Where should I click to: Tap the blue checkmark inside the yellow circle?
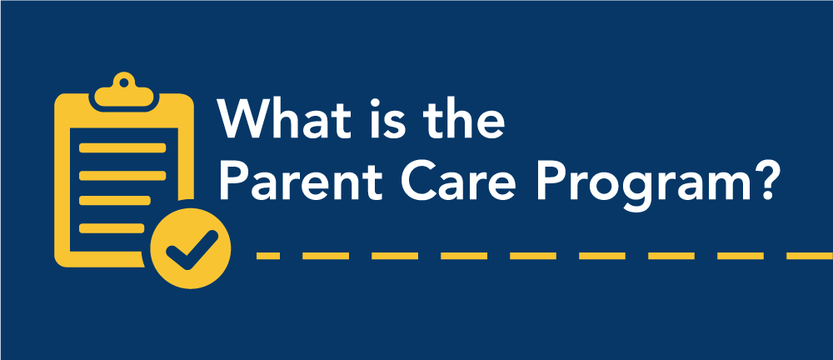coord(192,249)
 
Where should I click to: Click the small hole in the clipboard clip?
coord(124,82)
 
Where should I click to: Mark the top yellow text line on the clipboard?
coord(122,147)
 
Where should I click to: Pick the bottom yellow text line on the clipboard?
coord(112,228)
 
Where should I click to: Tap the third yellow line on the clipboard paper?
coord(115,201)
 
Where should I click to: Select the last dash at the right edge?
coord(810,257)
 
